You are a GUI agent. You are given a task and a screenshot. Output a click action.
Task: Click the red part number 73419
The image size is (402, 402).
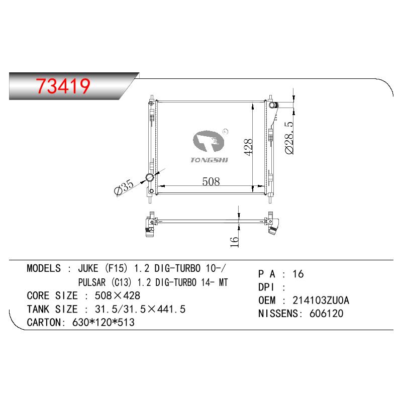coord(63,86)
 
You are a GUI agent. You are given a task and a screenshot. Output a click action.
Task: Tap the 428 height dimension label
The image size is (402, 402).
coord(248,147)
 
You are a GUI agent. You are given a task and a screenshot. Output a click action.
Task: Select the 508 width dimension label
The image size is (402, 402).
coord(211,181)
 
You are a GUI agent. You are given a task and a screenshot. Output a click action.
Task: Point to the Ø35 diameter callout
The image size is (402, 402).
coord(124,187)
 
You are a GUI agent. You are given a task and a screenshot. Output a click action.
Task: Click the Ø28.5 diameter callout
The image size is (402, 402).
coord(289,138)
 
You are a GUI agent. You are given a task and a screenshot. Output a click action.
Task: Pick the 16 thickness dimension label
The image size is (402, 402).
coord(234,242)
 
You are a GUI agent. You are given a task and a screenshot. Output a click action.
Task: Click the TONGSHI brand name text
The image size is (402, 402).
coord(209,160)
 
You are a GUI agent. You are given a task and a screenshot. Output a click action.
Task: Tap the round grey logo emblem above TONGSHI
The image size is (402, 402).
coord(209,141)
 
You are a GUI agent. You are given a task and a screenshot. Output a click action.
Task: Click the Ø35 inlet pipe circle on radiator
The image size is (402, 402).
coord(149,177)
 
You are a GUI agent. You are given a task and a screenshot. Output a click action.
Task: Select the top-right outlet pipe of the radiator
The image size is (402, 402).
coord(273,105)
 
